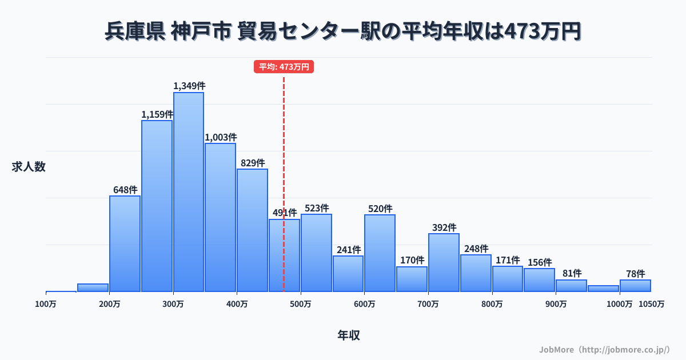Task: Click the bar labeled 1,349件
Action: pyautogui.click(x=189, y=192)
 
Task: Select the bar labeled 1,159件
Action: pyautogui.click(x=157, y=206)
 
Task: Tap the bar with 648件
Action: pyautogui.click(x=125, y=243)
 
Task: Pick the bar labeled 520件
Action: pyautogui.click(x=380, y=253)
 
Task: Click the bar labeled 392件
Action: pyautogui.click(x=444, y=262)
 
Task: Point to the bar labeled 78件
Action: pyautogui.click(x=635, y=286)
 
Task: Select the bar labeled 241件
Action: pyautogui.click(x=348, y=274)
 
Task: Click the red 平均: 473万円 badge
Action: pyautogui.click(x=284, y=67)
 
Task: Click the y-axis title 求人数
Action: pyautogui.click(x=29, y=167)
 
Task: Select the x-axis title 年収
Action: pyautogui.click(x=349, y=335)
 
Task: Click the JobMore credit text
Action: pyautogui.click(x=604, y=349)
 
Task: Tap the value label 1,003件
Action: pyautogui.click(x=221, y=137)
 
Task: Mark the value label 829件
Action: pyautogui.click(x=253, y=163)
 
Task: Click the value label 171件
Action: pyautogui.click(x=508, y=260)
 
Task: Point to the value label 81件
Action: pyautogui.click(x=572, y=274)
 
